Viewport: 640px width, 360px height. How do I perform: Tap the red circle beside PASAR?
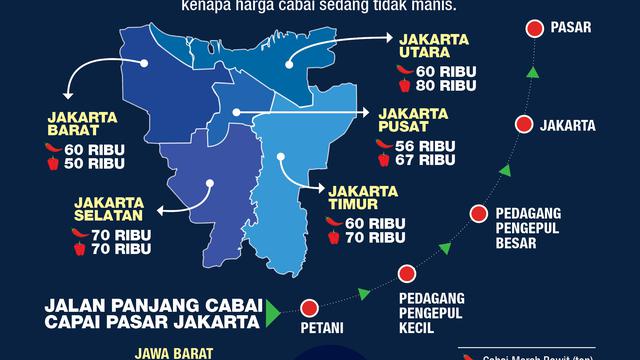[535, 28]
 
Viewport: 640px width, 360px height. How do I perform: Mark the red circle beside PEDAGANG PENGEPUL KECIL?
[405, 274]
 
